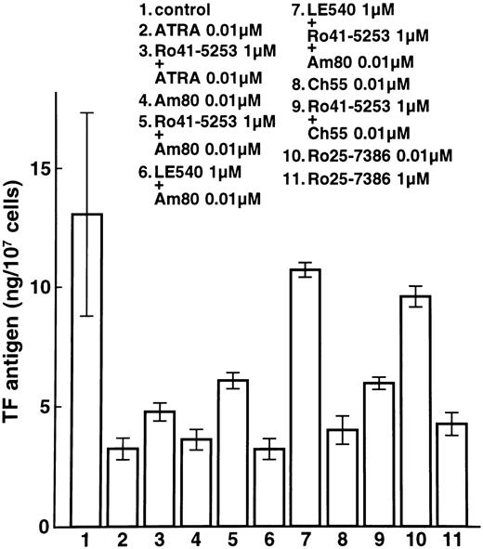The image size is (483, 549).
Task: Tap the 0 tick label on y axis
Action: pyautogui.click(x=44, y=528)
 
